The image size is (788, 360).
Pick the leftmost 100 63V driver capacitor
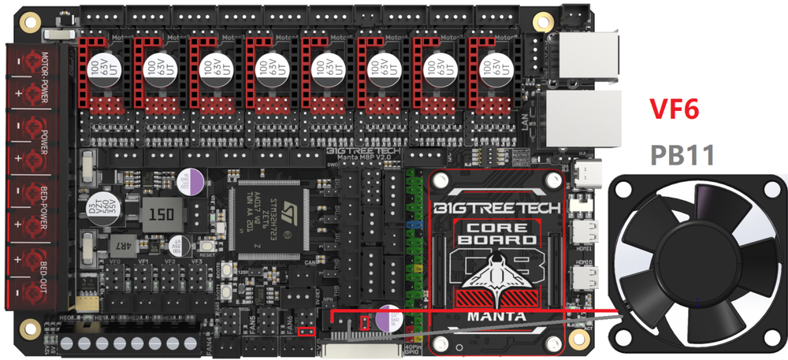click(x=98, y=69)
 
